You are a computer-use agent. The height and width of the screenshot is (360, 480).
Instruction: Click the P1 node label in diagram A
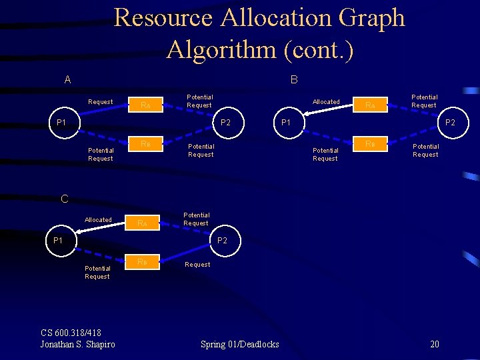pos(61,123)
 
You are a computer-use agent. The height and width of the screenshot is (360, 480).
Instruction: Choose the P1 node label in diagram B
pos(285,123)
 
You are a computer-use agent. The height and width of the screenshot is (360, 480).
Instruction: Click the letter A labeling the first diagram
pos(67,80)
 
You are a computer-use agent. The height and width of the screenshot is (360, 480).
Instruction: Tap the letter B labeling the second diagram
pos(294,80)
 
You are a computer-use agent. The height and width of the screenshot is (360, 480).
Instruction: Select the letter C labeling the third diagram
pos(64,198)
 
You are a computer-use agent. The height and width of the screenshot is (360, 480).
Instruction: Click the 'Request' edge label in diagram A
pos(101,102)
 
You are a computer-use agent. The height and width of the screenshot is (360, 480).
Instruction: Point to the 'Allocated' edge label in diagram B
pos(326,102)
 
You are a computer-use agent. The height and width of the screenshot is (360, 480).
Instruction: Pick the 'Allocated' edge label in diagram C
pos(98,220)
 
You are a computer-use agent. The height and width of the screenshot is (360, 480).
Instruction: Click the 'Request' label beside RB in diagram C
pos(197,265)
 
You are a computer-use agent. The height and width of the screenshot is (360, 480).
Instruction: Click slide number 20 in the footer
pos(434,344)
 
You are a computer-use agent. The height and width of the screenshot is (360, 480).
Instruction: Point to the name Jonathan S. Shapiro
pos(77,344)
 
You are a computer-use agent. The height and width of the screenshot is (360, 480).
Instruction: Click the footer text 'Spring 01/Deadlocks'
pos(239,344)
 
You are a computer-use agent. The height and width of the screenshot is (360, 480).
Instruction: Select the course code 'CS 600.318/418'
pos(71,333)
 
